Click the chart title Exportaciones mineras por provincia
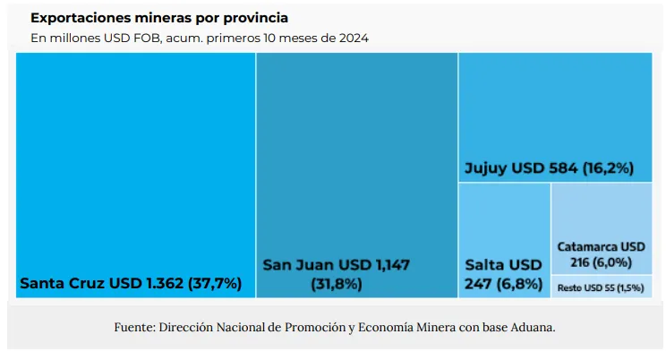coord(159,18)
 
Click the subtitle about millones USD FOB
coord(200,39)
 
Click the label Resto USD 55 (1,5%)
coord(600,287)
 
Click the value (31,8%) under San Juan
coord(337,285)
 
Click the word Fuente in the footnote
coord(133,328)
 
